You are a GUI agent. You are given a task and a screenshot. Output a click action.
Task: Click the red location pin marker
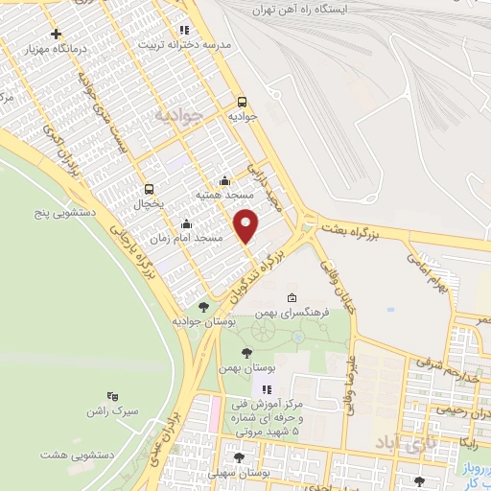click(x=246, y=225)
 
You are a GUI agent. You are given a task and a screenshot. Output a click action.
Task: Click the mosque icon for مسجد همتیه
click(x=224, y=179)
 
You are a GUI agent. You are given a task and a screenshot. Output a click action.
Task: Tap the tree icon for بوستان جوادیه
click(x=203, y=307)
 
